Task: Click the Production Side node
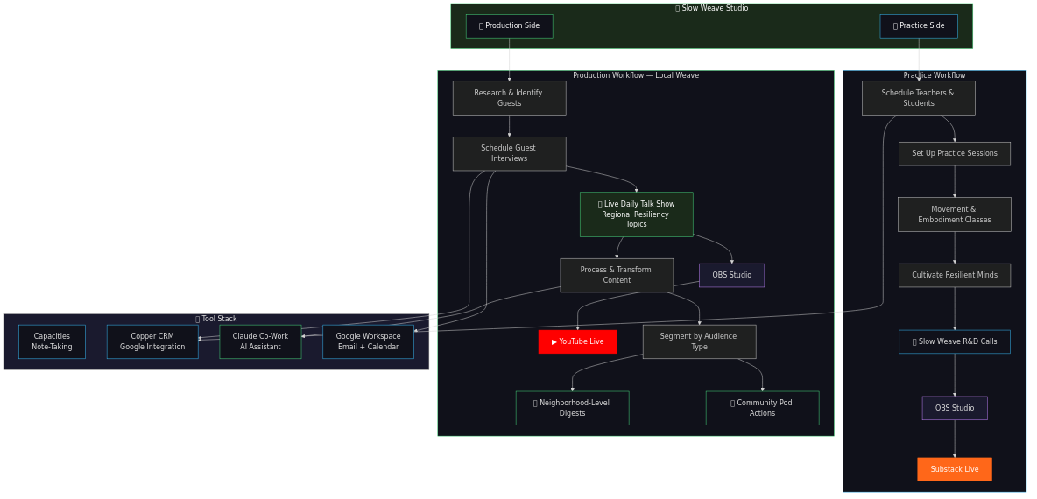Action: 509,26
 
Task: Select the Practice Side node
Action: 918,26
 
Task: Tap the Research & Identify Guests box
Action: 509,98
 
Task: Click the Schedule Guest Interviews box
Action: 509,153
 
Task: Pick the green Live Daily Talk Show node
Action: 636,214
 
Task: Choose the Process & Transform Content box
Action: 617,275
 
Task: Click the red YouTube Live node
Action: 577,341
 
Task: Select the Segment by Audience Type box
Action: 699,341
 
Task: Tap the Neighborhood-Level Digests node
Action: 572,408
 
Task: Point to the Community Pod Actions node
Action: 762,408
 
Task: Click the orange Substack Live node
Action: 954,469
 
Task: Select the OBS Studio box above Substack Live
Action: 954,408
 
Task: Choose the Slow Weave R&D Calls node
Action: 954,341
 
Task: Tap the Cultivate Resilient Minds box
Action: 954,275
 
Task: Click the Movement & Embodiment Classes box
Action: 954,214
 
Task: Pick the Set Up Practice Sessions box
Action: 954,153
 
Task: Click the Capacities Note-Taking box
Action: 52,341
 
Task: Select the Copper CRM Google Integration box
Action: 152,341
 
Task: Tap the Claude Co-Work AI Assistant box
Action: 260,341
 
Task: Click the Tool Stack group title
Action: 216,319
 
